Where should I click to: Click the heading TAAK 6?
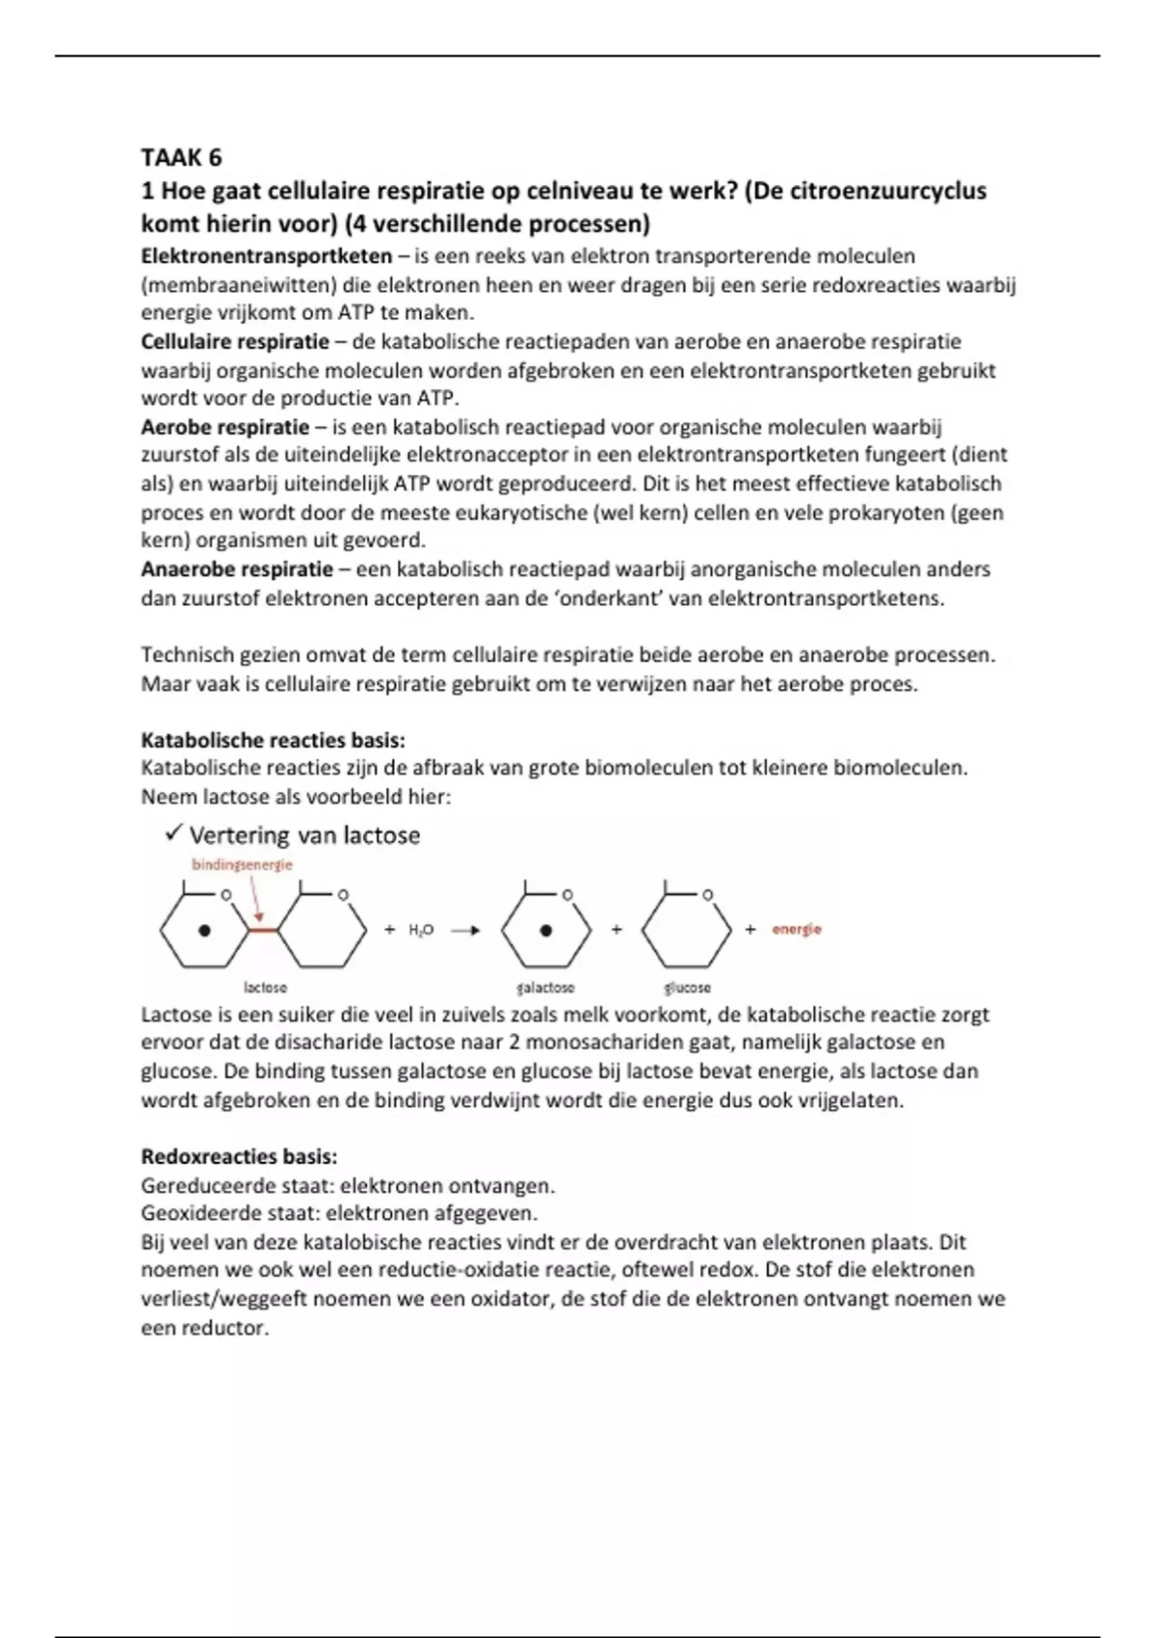point(181,157)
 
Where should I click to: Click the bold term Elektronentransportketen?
point(266,256)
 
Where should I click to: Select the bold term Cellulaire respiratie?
point(235,342)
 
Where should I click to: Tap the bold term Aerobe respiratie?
point(225,428)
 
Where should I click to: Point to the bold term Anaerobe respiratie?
point(237,569)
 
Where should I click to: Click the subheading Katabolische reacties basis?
point(273,740)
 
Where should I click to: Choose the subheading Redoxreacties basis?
point(239,1156)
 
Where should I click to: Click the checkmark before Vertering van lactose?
point(174,832)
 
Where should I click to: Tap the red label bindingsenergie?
point(242,864)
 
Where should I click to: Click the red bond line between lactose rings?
point(262,930)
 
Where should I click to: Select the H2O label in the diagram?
point(421,930)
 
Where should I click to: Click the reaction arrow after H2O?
point(465,930)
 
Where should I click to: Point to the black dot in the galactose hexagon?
point(546,931)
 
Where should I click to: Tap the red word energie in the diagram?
point(796,930)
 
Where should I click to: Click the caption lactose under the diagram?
point(265,988)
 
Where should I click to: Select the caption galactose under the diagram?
point(545,988)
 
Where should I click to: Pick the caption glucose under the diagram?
point(687,988)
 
